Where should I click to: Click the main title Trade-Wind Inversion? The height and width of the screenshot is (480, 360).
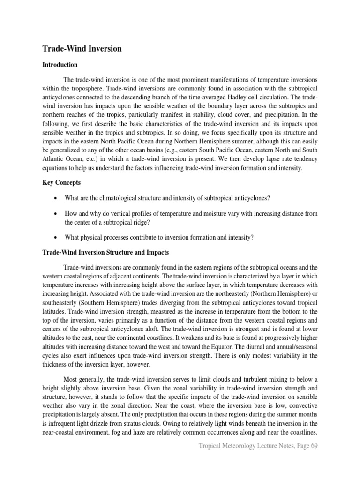[x=82, y=49]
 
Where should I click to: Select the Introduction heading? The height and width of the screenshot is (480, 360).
[x=60, y=65]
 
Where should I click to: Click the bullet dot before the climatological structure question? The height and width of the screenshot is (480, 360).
[x=56, y=198]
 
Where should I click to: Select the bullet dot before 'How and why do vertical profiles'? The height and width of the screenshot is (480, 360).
[x=56, y=214]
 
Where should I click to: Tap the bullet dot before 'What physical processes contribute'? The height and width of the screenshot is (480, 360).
[x=56, y=238]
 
